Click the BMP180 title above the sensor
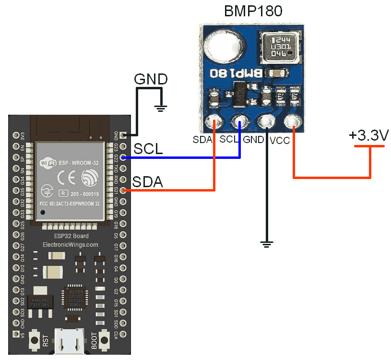click(253, 11)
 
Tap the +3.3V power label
click(368, 136)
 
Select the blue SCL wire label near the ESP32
click(148, 149)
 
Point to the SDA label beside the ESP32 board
click(147, 182)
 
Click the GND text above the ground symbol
click(151, 79)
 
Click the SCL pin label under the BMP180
click(229, 140)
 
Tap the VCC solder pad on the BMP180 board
click(292, 123)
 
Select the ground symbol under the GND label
click(162, 108)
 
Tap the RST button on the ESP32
click(35, 340)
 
